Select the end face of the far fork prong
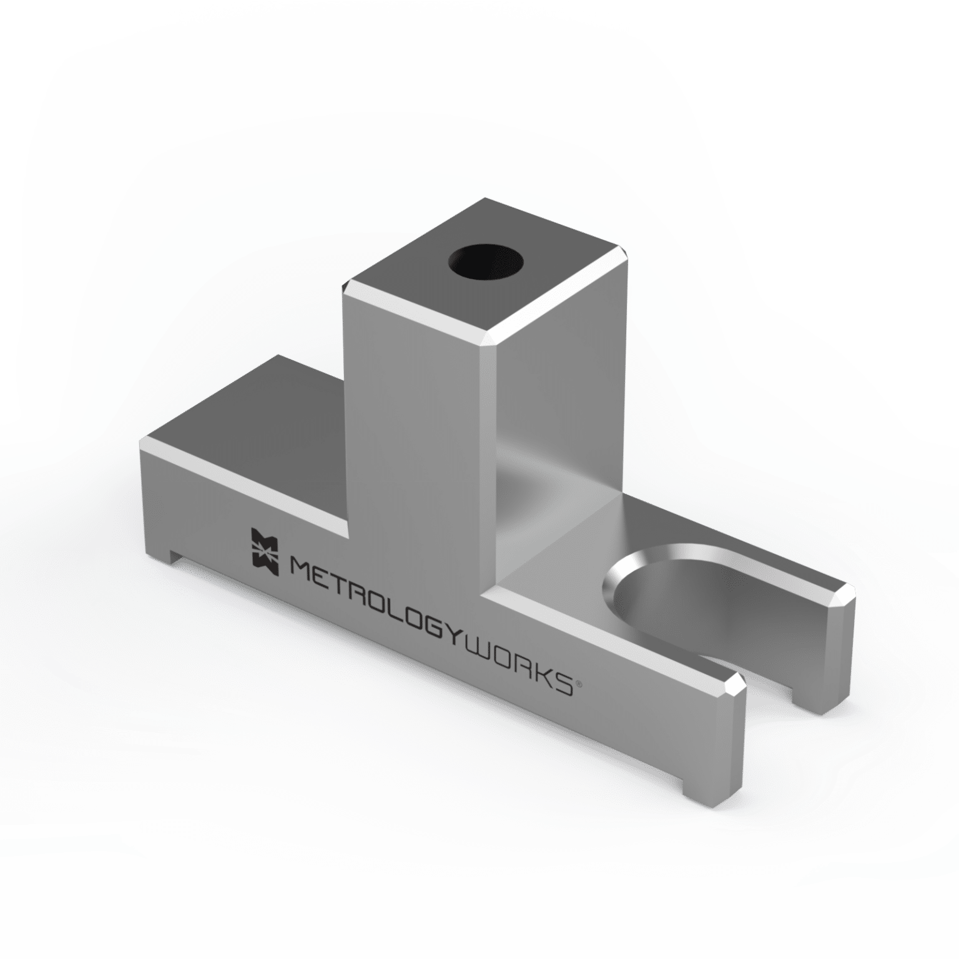point(837,649)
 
